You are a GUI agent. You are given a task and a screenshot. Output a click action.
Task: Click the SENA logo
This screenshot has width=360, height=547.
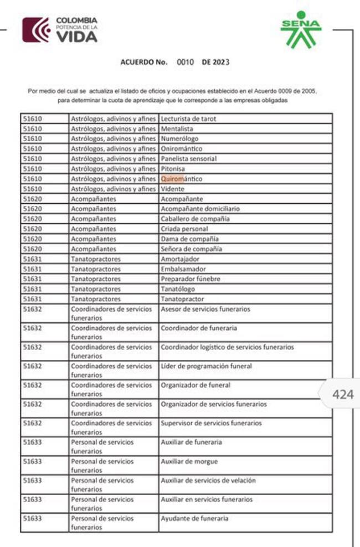(300, 29)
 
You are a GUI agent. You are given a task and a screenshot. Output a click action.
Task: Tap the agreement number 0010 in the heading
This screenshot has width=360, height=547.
(185, 62)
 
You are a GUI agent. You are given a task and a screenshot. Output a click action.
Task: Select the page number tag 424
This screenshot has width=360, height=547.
(342, 394)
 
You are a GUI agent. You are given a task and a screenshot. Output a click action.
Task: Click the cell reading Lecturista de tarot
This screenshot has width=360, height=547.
(188, 118)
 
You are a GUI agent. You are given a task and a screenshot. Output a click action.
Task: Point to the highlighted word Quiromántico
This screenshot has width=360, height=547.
(181, 179)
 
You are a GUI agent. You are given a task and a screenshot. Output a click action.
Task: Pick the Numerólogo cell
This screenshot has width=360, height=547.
(179, 138)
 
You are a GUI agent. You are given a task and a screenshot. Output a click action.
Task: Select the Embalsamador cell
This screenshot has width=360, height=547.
(183, 269)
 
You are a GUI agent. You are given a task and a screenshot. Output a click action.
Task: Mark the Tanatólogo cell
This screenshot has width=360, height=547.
(178, 289)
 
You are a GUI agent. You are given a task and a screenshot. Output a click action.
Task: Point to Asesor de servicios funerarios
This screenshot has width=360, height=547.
(205, 309)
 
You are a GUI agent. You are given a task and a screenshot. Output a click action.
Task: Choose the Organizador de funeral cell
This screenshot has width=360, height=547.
(195, 385)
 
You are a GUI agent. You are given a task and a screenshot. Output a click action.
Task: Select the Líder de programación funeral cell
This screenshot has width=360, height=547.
(206, 366)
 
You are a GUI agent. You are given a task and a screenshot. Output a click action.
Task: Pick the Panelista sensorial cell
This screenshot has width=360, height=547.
(188, 158)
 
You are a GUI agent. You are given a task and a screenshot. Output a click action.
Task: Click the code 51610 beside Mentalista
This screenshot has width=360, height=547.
(33, 128)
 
